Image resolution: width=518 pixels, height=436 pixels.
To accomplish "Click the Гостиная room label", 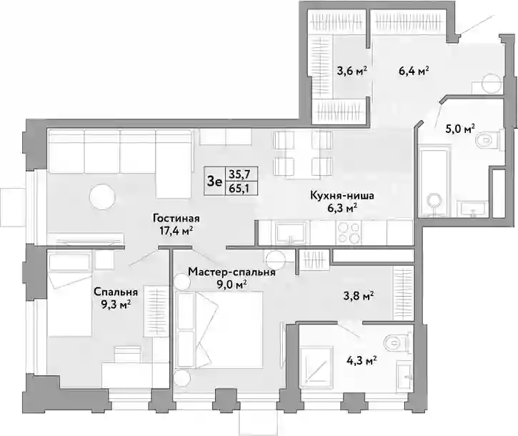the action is point(176,219).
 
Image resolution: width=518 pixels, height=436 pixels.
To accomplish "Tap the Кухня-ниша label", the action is point(342,196).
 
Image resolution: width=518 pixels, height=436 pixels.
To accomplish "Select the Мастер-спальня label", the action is point(231,272).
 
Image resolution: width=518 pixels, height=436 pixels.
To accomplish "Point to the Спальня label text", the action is point(116,292).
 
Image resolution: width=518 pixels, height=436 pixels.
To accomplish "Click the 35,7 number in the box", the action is point(241,174).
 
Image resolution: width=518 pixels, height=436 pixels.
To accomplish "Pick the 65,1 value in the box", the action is point(241,189).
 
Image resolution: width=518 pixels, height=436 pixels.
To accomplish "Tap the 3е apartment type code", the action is point(214,181).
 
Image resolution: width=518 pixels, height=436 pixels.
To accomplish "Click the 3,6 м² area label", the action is point(352,71).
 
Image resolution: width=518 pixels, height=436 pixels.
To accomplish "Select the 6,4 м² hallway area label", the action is point(414,71).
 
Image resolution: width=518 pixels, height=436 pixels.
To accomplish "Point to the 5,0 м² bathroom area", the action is point(460,128).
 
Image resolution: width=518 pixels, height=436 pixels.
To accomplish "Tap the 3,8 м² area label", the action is point(359,296).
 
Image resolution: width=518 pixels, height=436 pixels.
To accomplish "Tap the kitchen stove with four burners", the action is point(349,233).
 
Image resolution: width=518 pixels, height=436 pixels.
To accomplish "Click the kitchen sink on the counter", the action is point(291,233).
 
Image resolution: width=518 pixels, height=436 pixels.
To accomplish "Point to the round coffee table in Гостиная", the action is point(102,197).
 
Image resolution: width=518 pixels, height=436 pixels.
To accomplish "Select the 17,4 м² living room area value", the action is point(176,231).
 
